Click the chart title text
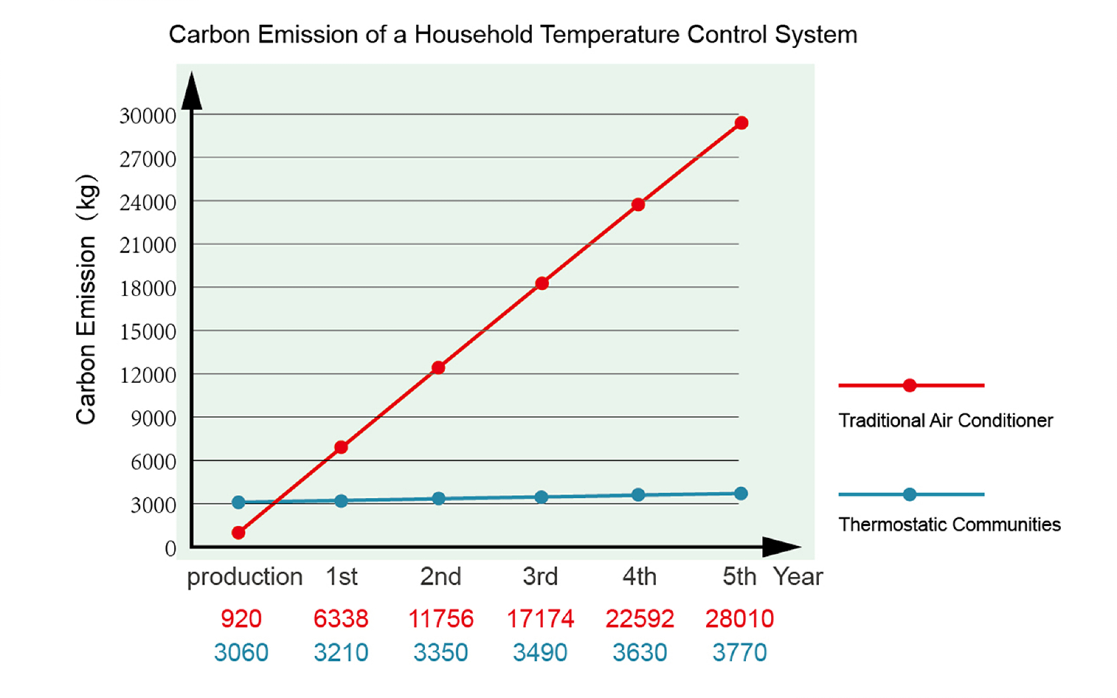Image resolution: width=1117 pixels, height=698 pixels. tap(512, 35)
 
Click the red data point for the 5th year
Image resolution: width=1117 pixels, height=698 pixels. tap(741, 123)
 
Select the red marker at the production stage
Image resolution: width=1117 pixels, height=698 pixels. tap(238, 533)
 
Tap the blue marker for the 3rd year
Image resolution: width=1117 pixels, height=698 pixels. tap(541, 497)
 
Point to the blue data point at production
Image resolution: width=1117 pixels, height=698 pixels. tap(238, 502)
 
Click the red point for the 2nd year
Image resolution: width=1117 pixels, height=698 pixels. tap(439, 368)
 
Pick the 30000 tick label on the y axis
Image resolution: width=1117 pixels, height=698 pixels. tap(148, 116)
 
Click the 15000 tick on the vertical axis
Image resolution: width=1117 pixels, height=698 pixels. tap(148, 332)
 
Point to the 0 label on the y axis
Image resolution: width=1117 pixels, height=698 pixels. tap(171, 549)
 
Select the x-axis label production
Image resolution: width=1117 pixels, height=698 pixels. tap(245, 576)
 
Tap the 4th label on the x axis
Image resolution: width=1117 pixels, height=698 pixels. tap(640, 576)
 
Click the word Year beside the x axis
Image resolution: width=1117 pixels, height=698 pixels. tap(798, 576)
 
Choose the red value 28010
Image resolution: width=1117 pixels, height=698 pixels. tap(739, 619)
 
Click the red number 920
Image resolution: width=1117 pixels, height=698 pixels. tap(241, 619)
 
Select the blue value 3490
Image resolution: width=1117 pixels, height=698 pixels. tap(540, 653)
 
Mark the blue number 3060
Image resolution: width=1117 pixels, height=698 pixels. tap(241, 653)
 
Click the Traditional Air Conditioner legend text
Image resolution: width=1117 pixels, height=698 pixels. tap(945, 420)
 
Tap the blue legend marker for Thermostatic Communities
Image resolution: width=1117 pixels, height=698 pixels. tap(910, 494)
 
